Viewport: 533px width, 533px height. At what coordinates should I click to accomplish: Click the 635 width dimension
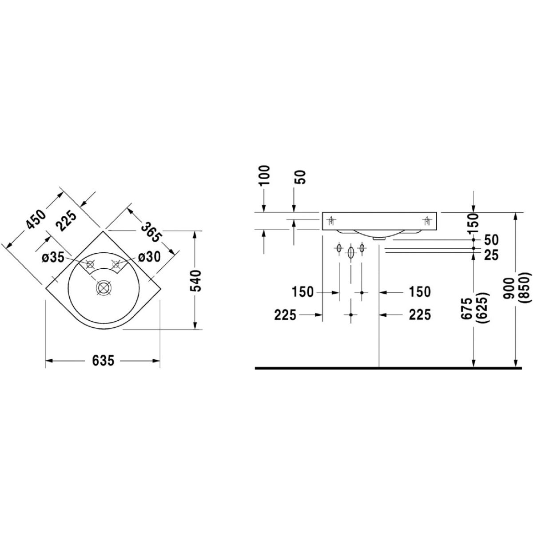(103, 361)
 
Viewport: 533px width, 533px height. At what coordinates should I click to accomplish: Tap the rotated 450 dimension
(36, 220)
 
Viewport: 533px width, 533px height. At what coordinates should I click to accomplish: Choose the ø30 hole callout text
(149, 258)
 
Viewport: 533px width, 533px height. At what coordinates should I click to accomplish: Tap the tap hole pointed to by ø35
(90, 264)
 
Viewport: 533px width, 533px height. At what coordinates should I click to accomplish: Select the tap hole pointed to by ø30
(116, 265)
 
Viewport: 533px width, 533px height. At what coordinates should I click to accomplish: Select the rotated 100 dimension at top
(265, 175)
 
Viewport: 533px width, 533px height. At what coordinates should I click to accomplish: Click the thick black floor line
(388, 368)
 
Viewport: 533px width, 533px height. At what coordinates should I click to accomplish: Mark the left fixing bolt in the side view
(331, 221)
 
